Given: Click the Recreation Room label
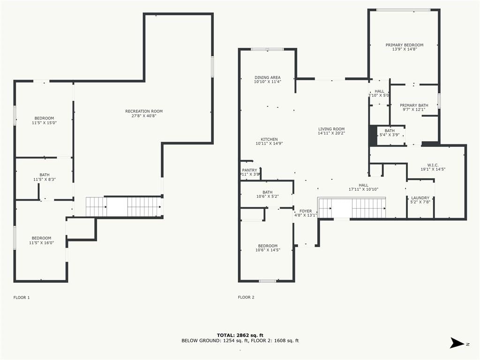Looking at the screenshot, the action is tap(144, 111).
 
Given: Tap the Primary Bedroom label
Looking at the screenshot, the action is tap(405, 45).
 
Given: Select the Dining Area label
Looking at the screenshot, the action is tap(268, 77).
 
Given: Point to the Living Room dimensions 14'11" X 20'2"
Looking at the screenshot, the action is tap(331, 133).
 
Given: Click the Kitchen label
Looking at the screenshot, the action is tap(269, 139).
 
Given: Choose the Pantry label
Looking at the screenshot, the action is tap(249, 170).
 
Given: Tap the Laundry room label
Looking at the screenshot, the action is tap(420, 198).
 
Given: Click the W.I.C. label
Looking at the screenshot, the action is tap(433, 165).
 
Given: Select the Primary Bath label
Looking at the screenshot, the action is tap(414, 105).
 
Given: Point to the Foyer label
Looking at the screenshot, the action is tap(306, 211).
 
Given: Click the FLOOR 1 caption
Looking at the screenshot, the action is tap(22, 297).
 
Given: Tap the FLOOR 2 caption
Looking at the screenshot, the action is tap(246, 297).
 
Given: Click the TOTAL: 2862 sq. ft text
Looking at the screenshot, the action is tap(240, 335).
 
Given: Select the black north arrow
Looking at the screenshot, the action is tap(457, 343).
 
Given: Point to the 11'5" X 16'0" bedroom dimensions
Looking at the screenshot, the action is tap(42, 243).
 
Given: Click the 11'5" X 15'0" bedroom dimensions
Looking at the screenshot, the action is tap(45, 123).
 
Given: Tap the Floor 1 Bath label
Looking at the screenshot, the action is tap(45, 175).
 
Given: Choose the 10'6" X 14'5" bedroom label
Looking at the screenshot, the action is tap(268, 246).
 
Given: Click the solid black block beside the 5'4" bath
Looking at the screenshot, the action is tap(373, 135).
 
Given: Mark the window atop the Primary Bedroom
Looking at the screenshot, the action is tap(403, 10).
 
